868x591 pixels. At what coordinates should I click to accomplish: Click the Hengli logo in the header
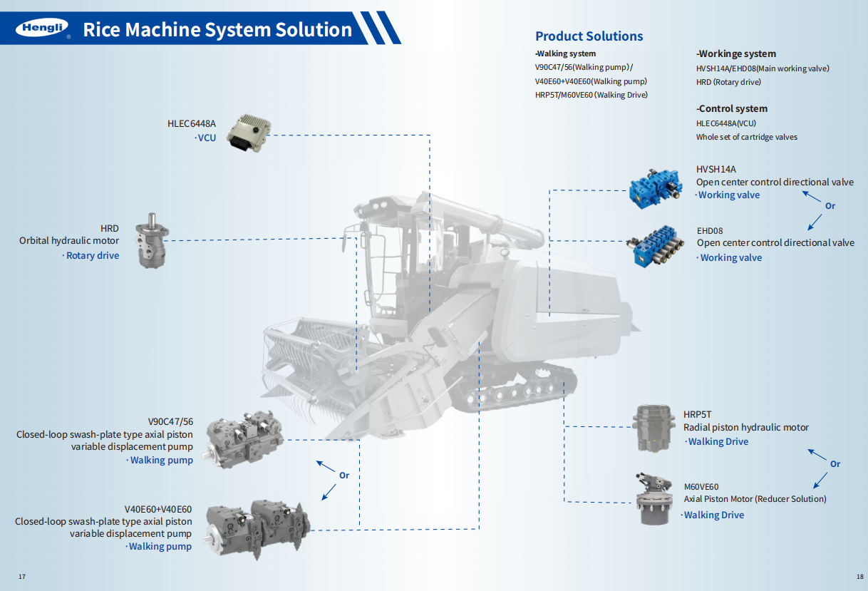pyautogui.click(x=42, y=29)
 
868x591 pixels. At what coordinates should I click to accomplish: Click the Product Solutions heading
pyautogui.click(x=589, y=36)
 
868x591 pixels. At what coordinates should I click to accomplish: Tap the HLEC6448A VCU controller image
pyautogui.click(x=247, y=131)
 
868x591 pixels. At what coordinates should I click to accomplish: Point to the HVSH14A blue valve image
pyautogui.click(x=656, y=187)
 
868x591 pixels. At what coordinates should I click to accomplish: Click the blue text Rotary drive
pyautogui.click(x=93, y=255)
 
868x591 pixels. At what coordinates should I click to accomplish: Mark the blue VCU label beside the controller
pyautogui.click(x=207, y=138)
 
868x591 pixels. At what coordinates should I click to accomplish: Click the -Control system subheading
pyautogui.click(x=732, y=109)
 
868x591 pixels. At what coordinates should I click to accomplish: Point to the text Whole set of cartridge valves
pyautogui.click(x=747, y=137)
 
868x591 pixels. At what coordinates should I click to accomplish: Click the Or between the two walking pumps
pyautogui.click(x=344, y=476)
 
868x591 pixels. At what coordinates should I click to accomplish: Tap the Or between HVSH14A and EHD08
pyautogui.click(x=830, y=206)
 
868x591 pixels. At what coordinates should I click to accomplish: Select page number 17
pyautogui.click(x=22, y=576)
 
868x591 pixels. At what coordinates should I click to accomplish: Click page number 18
pyautogui.click(x=859, y=576)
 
